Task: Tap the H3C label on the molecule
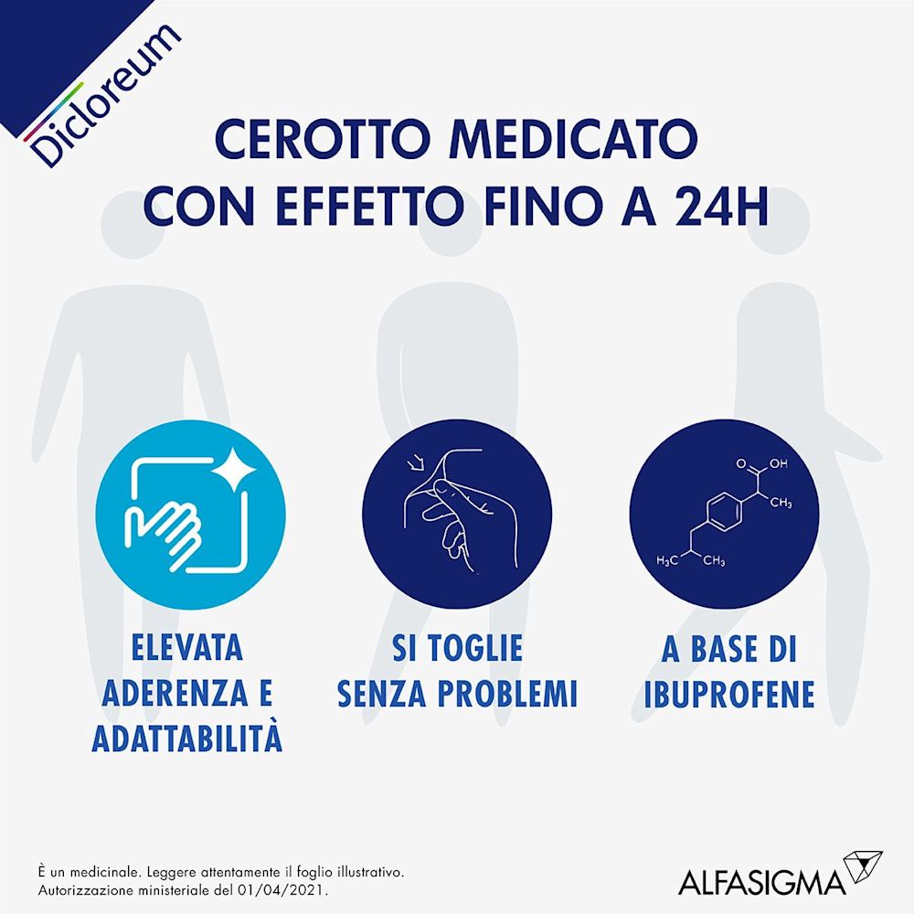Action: (668, 560)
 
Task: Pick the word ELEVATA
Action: (187, 648)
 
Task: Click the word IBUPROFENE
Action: (728, 694)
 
